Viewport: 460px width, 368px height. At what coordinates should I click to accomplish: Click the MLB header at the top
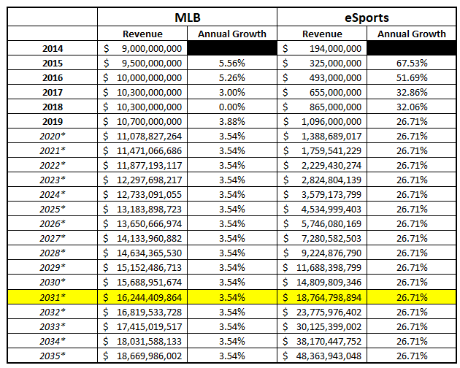[188, 18]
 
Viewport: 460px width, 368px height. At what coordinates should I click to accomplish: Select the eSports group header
[367, 18]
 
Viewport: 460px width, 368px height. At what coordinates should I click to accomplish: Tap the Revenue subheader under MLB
[142, 34]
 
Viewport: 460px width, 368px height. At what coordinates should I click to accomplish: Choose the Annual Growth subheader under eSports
[411, 34]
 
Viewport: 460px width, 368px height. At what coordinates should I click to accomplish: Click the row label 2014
[53, 48]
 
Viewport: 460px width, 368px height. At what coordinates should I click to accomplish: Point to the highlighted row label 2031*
[53, 296]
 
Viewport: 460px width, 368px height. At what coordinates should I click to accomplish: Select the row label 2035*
[53, 356]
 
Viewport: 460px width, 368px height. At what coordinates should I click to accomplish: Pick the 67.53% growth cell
[411, 63]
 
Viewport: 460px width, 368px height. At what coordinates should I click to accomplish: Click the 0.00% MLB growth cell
[231, 107]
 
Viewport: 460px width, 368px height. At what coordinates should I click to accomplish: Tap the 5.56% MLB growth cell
[231, 63]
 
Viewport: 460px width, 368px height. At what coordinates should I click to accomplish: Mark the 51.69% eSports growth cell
[411, 77]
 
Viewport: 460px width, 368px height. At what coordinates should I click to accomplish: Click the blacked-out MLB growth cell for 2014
[231, 48]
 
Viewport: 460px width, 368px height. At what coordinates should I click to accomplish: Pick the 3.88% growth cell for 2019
[231, 121]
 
